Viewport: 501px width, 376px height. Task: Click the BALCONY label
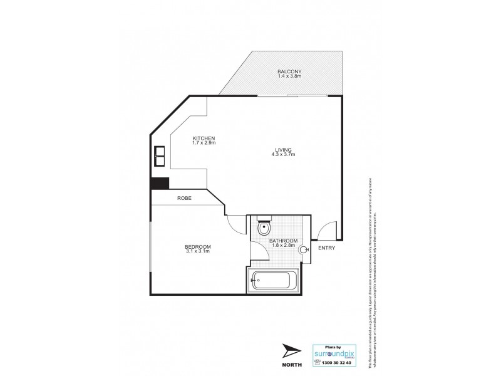click(289, 71)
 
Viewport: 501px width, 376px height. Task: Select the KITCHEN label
click(204, 138)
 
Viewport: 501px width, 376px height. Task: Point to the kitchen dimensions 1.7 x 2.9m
click(204, 144)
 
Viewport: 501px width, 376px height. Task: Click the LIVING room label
click(283, 149)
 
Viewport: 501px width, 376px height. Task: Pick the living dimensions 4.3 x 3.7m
click(283, 154)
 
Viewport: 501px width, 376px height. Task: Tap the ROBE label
click(184, 198)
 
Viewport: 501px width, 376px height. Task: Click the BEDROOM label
click(197, 246)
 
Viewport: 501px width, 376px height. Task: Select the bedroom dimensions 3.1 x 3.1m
click(197, 251)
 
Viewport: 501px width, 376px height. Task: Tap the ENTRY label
click(326, 248)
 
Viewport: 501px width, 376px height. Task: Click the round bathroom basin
click(304, 249)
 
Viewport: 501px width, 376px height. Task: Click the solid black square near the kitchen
click(160, 183)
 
